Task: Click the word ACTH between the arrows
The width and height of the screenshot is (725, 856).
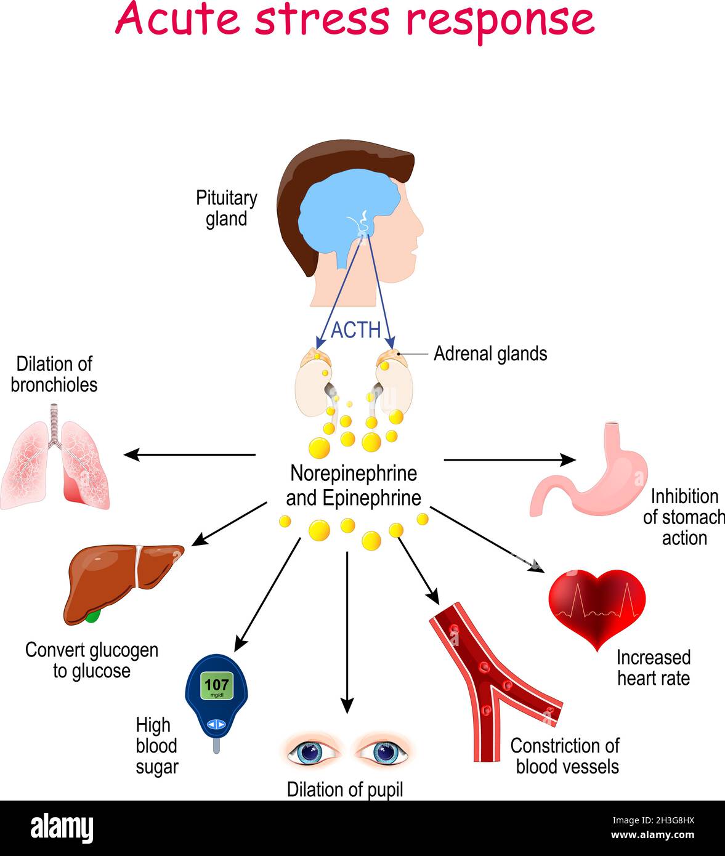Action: coord(355,330)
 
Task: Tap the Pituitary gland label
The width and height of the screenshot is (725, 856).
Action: coord(226,209)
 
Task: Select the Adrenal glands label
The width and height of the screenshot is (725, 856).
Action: coord(490,353)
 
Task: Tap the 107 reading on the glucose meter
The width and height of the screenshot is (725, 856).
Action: coord(216,684)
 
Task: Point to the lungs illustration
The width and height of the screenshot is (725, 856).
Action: coord(55,459)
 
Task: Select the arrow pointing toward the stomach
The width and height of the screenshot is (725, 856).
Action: coord(509,459)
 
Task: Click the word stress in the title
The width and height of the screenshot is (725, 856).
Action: coord(322,20)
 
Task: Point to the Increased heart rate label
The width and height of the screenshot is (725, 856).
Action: coord(653,668)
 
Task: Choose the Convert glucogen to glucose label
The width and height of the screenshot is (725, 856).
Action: coord(92,660)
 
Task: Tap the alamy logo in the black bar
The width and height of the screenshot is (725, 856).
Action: coord(62,828)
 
